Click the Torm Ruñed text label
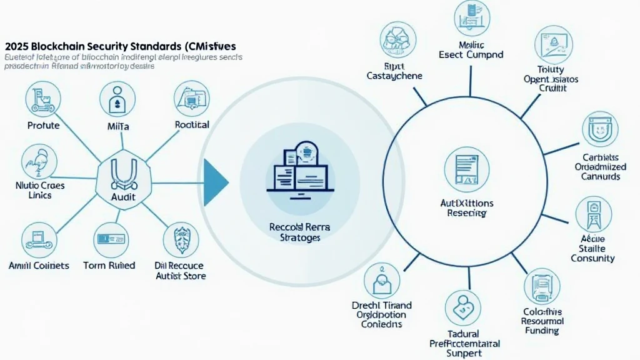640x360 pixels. (109, 266)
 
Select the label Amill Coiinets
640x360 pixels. (39, 266)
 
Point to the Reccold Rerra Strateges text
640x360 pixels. (296, 232)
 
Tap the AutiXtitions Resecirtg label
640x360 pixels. (466, 208)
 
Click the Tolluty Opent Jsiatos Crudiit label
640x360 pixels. (551, 79)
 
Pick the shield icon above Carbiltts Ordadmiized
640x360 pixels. (599, 130)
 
